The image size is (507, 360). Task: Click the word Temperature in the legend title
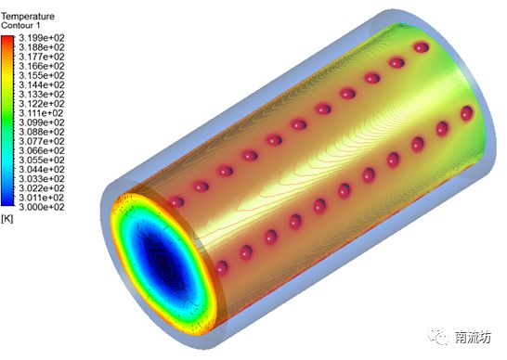[28, 16]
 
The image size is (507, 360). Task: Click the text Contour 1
[20, 25]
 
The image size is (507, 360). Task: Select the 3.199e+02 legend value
[42, 38]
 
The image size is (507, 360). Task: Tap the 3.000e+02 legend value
[42, 207]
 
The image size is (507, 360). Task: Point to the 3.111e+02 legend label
[42, 113]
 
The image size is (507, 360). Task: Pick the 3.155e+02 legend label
[42, 76]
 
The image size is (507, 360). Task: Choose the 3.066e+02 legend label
[42, 150]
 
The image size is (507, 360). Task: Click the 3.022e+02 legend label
[42, 188]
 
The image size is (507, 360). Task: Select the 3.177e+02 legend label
[42, 57]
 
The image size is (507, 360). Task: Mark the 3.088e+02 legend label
[42, 132]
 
